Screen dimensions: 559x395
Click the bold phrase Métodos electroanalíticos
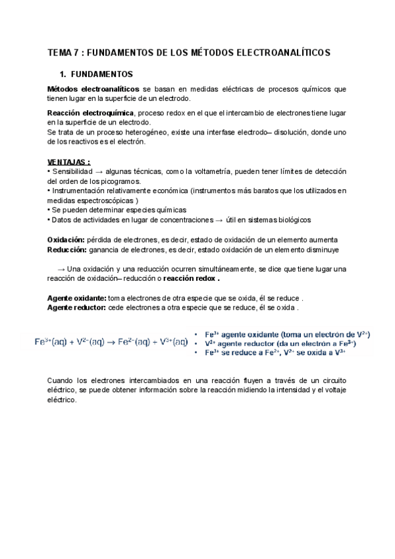[x=93, y=88]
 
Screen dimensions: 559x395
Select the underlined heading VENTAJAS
[x=68, y=162]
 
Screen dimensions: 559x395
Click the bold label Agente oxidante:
[x=76, y=298]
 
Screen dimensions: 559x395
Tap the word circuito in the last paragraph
[x=332, y=381]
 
